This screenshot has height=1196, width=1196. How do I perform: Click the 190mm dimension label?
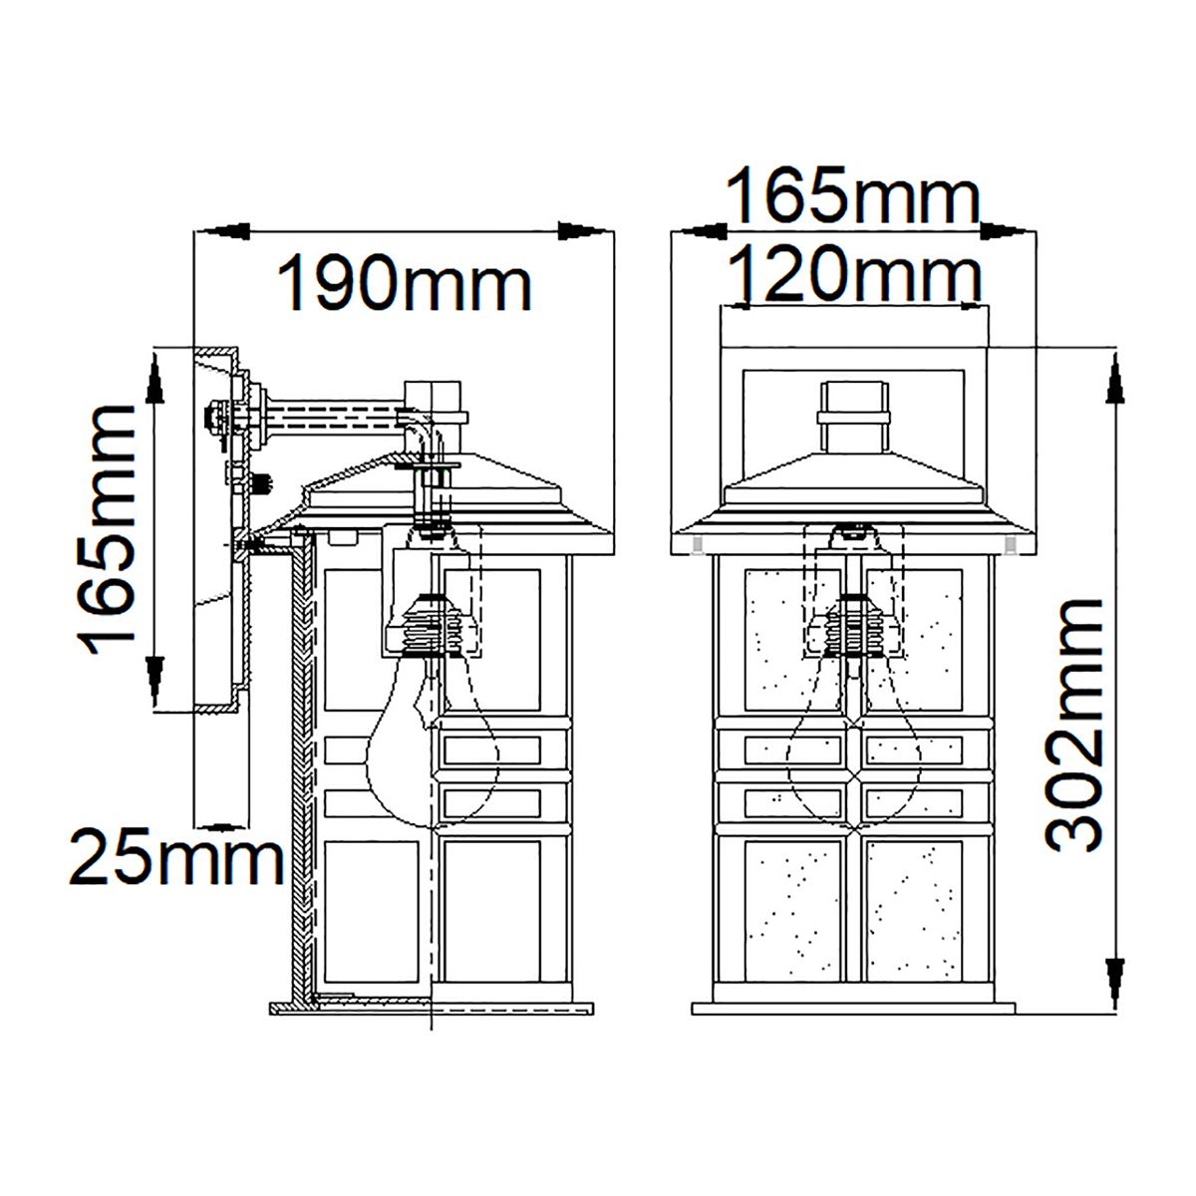tap(404, 284)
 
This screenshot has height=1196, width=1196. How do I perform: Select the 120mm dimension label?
tap(855, 273)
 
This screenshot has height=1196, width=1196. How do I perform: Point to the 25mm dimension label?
tap(174, 860)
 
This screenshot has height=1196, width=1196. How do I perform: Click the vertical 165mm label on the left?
tap(107, 528)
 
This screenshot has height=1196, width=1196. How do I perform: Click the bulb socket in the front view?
tap(853, 626)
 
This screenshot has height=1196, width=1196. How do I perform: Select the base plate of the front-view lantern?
tap(853, 1007)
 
